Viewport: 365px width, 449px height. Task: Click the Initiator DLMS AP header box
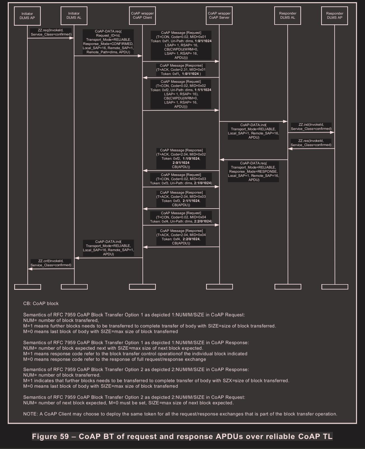click(x=27, y=16)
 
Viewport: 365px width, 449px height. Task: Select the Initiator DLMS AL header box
click(x=74, y=16)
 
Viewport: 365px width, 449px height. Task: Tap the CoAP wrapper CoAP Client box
click(x=142, y=16)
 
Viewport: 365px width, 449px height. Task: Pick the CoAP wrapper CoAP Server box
click(x=219, y=16)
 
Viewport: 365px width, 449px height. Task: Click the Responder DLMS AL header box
click(x=288, y=16)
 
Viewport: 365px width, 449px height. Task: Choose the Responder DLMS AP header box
click(x=335, y=16)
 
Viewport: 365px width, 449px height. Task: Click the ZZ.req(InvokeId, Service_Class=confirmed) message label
click(x=51, y=32)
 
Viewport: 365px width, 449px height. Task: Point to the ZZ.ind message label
click(x=311, y=127)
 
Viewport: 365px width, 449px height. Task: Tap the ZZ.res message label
click(x=311, y=143)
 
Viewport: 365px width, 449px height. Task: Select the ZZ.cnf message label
click(x=51, y=263)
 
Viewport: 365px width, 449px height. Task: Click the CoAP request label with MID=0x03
click(x=181, y=179)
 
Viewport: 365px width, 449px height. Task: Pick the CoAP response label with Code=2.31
click(x=181, y=70)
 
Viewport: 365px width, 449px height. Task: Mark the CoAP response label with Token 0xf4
click(x=181, y=237)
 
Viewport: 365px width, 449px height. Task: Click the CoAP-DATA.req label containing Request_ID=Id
click(x=108, y=42)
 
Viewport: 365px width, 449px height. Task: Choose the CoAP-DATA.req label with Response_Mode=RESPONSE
click(x=254, y=172)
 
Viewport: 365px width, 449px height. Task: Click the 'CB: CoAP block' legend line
click(x=41, y=303)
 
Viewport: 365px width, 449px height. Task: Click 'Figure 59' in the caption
click(x=50, y=436)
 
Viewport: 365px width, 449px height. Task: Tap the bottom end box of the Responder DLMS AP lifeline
click(x=335, y=287)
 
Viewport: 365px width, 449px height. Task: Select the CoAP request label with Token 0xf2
click(x=181, y=94)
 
